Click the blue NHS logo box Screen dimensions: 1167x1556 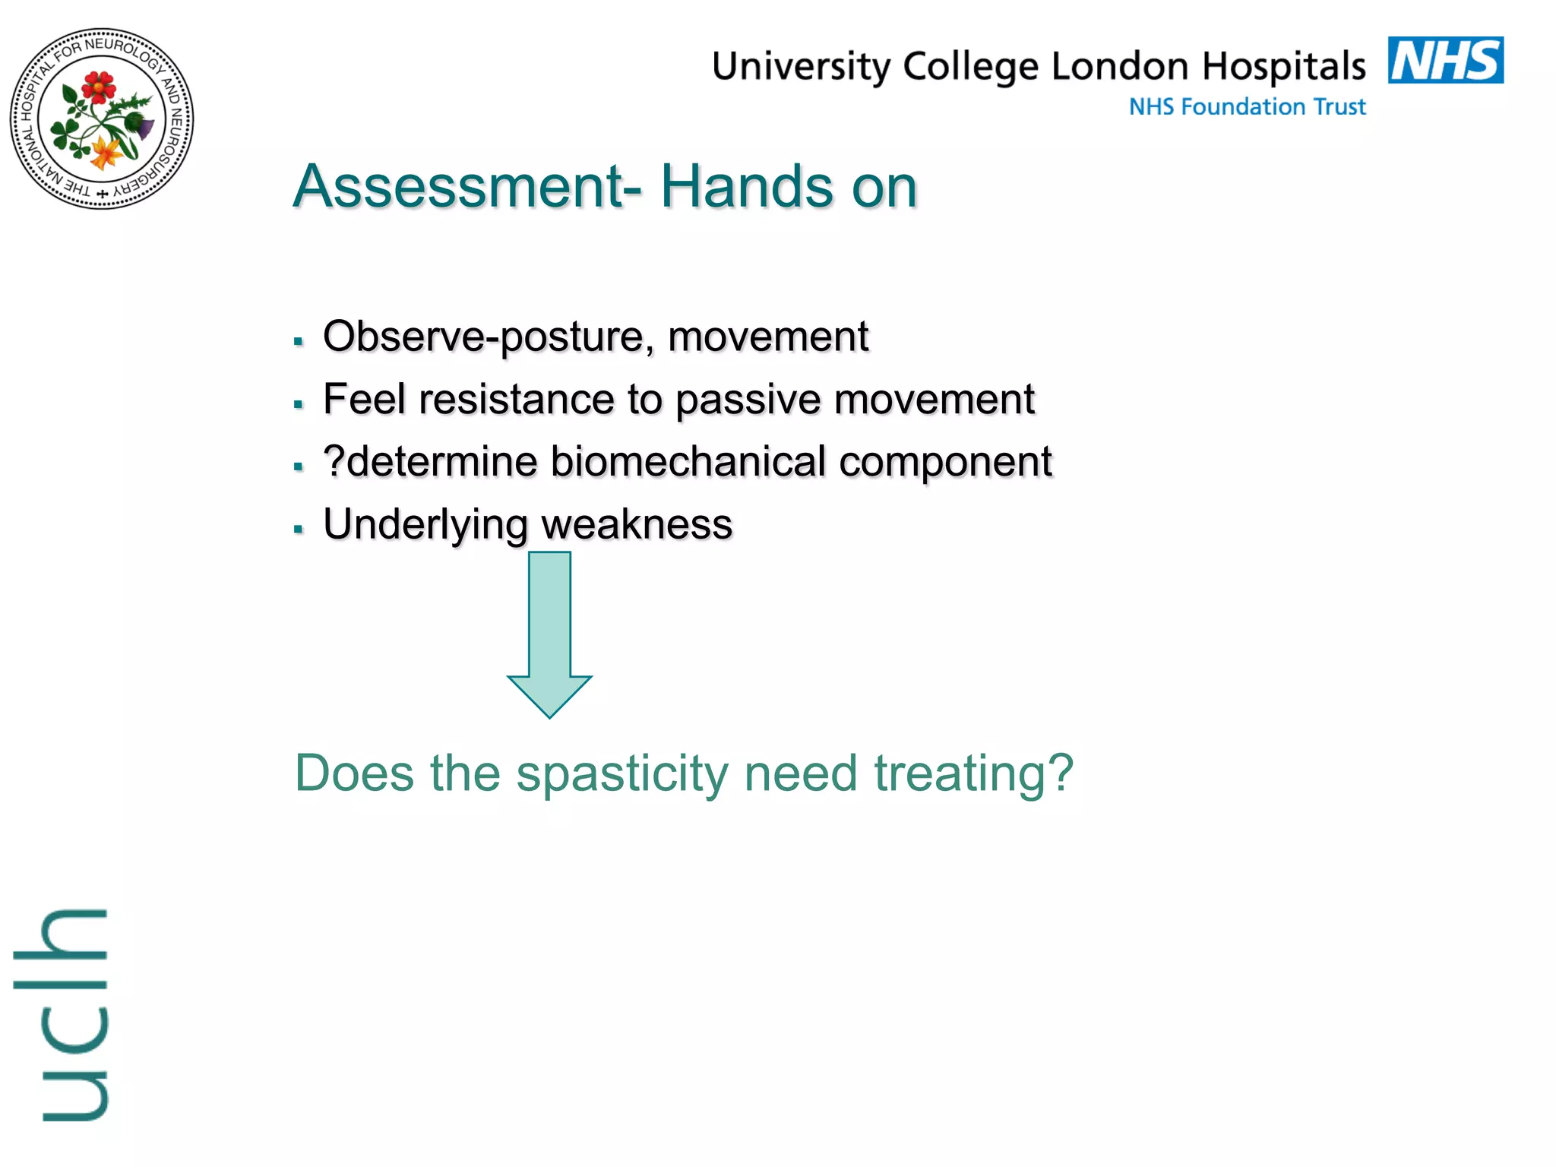[x=1445, y=60]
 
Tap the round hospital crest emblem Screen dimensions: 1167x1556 [x=102, y=119]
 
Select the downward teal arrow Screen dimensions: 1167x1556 [x=549, y=634]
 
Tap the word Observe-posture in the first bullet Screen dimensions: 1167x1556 [x=487, y=337]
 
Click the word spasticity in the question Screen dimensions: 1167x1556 [x=622, y=774]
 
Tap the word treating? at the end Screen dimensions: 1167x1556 [x=974, y=774]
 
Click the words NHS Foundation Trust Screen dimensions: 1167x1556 [x=1247, y=106]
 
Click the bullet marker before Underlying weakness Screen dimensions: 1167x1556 [x=299, y=529]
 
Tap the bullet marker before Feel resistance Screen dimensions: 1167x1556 [x=299, y=404]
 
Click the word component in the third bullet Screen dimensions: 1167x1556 [x=945, y=463]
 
